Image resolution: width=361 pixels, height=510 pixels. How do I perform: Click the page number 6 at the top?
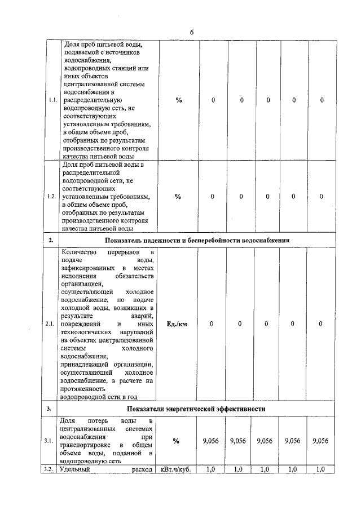(x=192, y=32)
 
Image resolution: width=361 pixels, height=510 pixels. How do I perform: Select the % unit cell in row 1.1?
(x=178, y=100)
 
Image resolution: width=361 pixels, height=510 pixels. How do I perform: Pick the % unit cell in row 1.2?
(x=178, y=197)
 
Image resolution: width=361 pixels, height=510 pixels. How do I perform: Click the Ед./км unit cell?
(x=178, y=324)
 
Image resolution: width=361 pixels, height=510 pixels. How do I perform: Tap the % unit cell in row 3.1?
(x=178, y=441)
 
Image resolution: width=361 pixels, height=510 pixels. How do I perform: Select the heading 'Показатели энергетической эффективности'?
(x=197, y=409)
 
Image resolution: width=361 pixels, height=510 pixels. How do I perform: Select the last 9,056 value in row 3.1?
(x=320, y=441)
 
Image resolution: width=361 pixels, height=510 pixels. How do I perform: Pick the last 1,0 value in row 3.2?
(x=320, y=469)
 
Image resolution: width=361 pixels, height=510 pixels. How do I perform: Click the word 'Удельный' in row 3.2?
(x=74, y=469)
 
